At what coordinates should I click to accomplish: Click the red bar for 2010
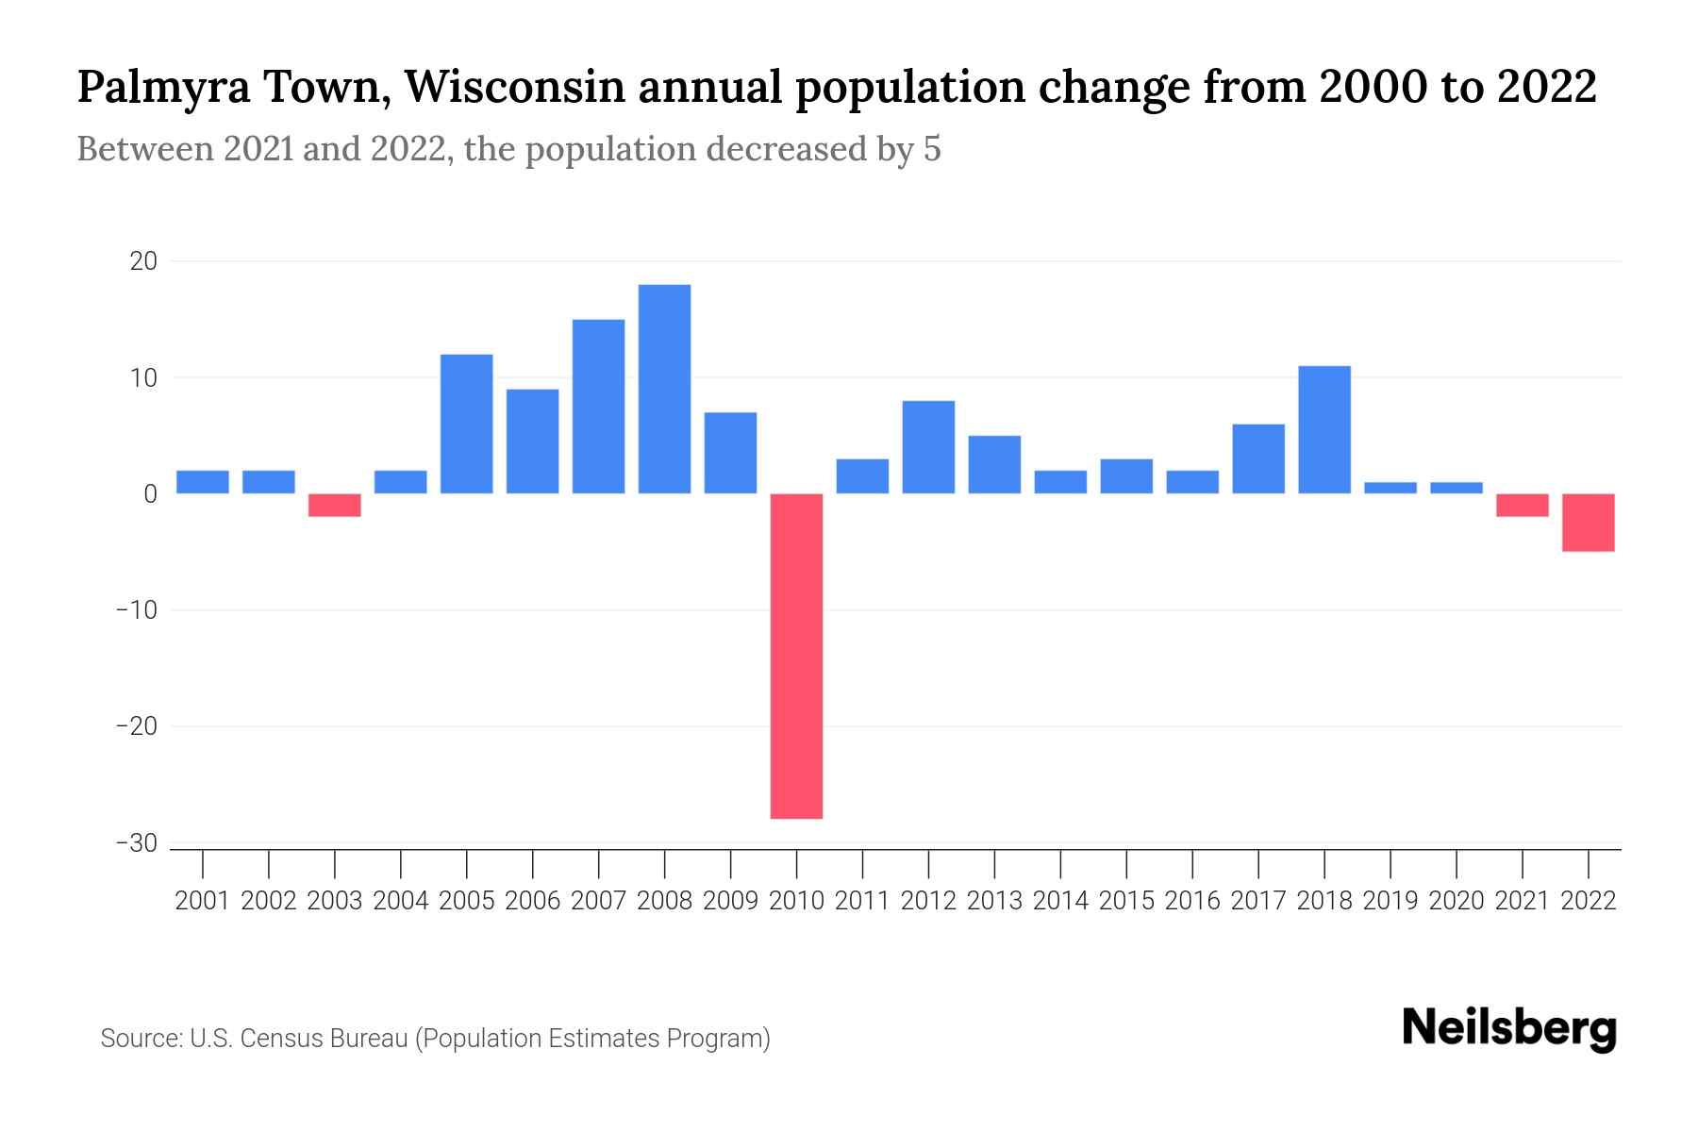796,656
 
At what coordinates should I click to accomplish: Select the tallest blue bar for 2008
664,389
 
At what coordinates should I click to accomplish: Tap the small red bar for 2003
335,505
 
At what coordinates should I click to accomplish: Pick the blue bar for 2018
1324,429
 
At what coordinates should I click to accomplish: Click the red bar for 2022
1589,523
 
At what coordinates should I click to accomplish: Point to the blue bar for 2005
467,424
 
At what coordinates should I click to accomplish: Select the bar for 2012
928,447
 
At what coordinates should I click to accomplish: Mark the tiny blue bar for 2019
1390,488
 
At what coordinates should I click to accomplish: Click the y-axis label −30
136,843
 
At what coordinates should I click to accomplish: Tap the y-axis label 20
143,261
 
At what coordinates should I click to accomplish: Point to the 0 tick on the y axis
150,494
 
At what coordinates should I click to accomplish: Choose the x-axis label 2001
203,901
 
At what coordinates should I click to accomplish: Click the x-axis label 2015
1126,901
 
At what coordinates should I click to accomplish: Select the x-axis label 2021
1523,901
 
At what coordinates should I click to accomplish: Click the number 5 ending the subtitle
932,150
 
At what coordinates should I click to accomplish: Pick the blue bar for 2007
598,407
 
